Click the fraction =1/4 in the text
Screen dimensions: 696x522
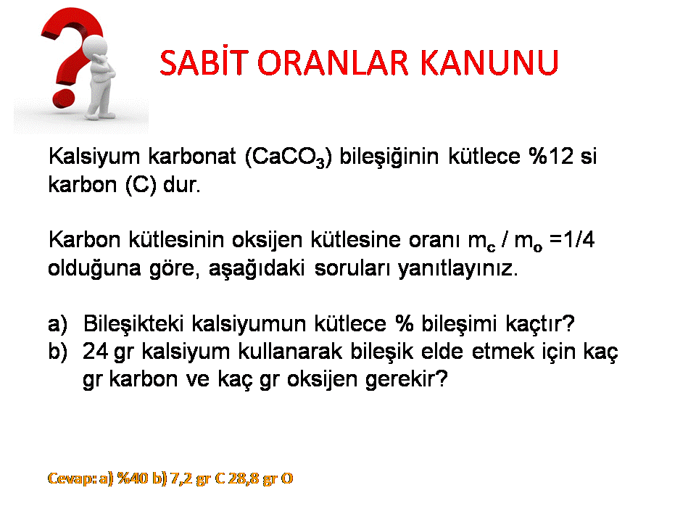572,240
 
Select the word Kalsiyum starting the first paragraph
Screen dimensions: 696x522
94,157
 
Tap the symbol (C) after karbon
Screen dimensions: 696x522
141,185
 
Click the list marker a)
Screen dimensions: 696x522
58,323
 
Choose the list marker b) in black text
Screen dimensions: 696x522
58,352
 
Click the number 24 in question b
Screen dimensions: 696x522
95,352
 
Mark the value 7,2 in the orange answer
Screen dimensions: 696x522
181,478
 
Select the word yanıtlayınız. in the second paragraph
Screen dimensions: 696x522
457,268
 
